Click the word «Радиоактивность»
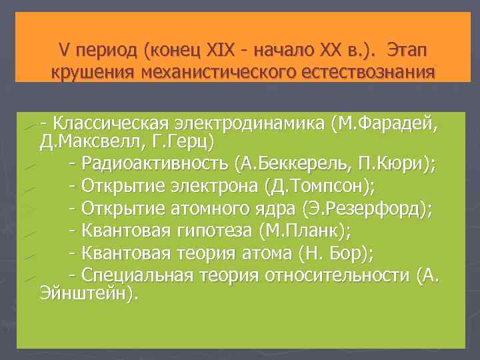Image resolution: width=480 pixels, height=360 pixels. click(x=156, y=163)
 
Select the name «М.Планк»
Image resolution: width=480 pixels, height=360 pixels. click(x=307, y=231)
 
